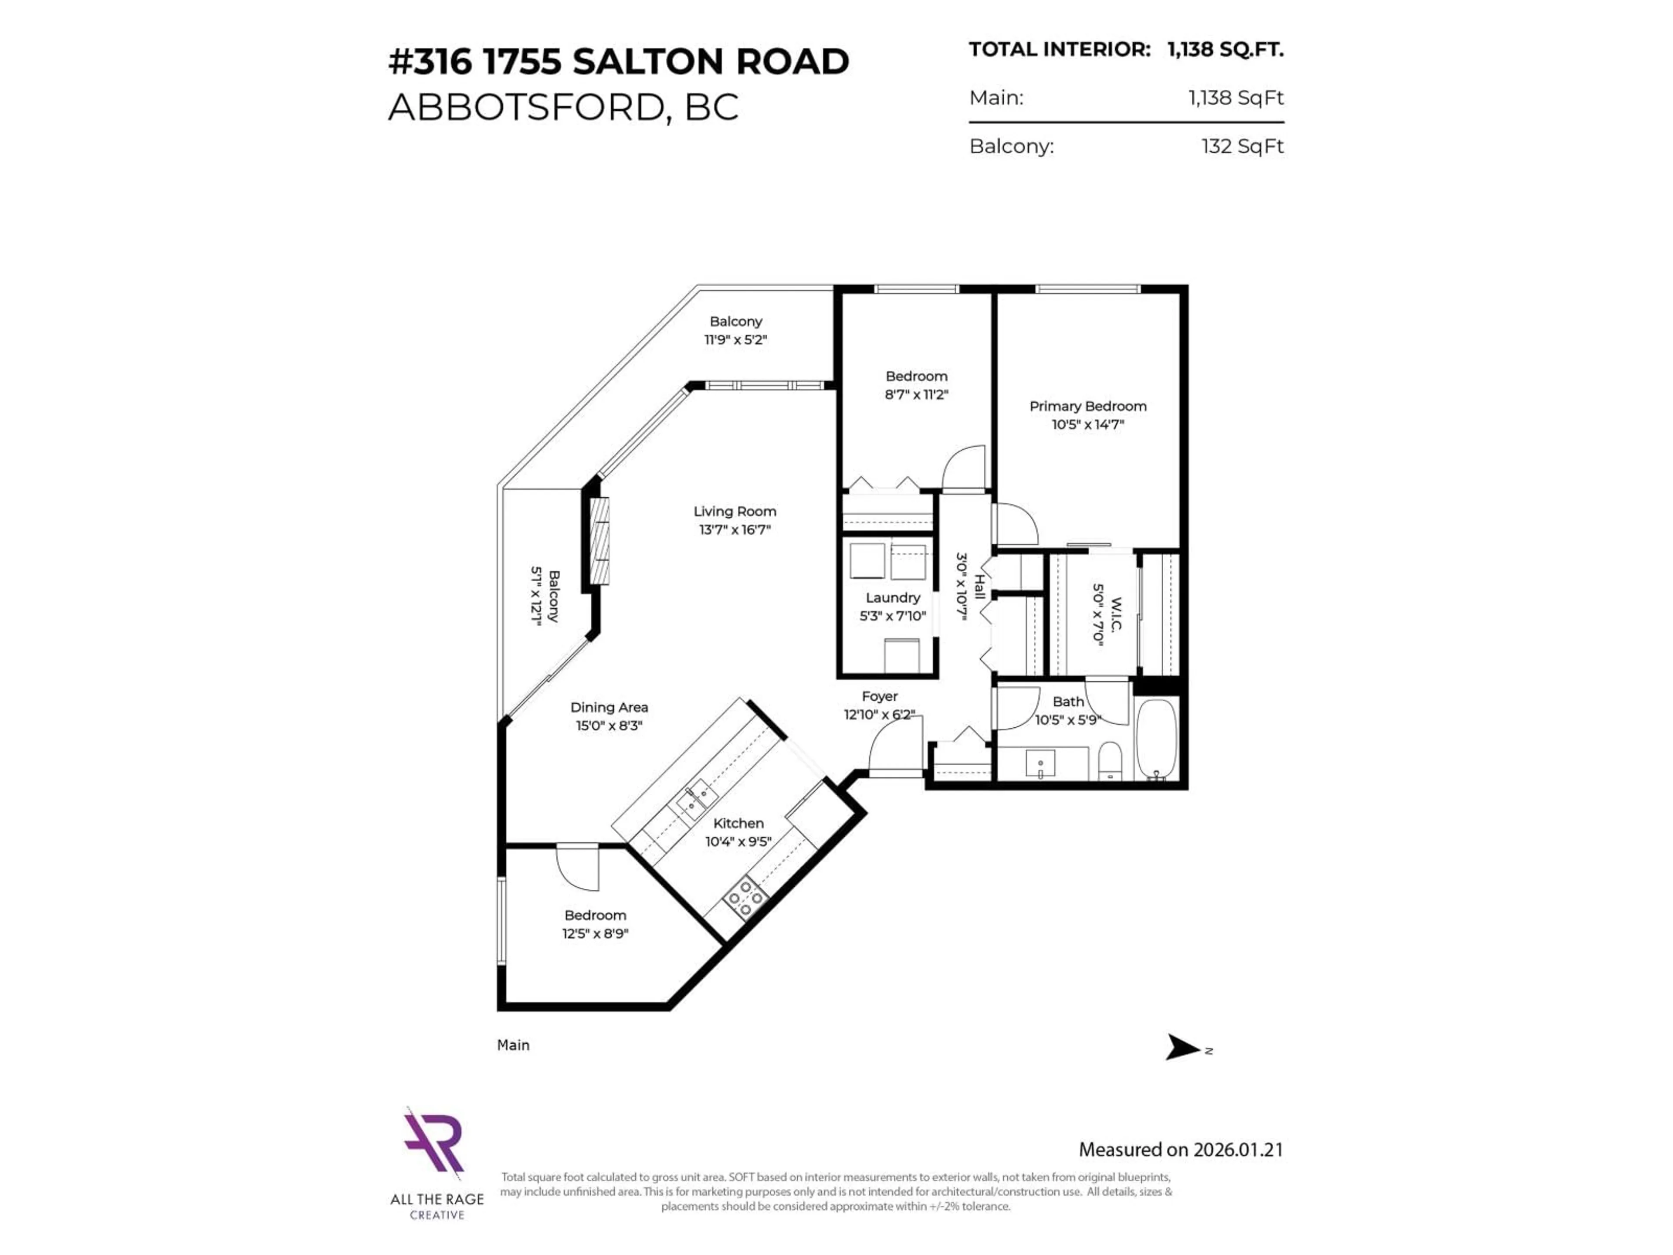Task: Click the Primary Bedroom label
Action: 1087,406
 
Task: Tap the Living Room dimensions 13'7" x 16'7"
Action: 735,529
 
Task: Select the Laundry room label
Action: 892,597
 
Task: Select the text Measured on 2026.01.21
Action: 1180,1150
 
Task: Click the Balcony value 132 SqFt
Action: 1242,146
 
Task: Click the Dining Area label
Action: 609,707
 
